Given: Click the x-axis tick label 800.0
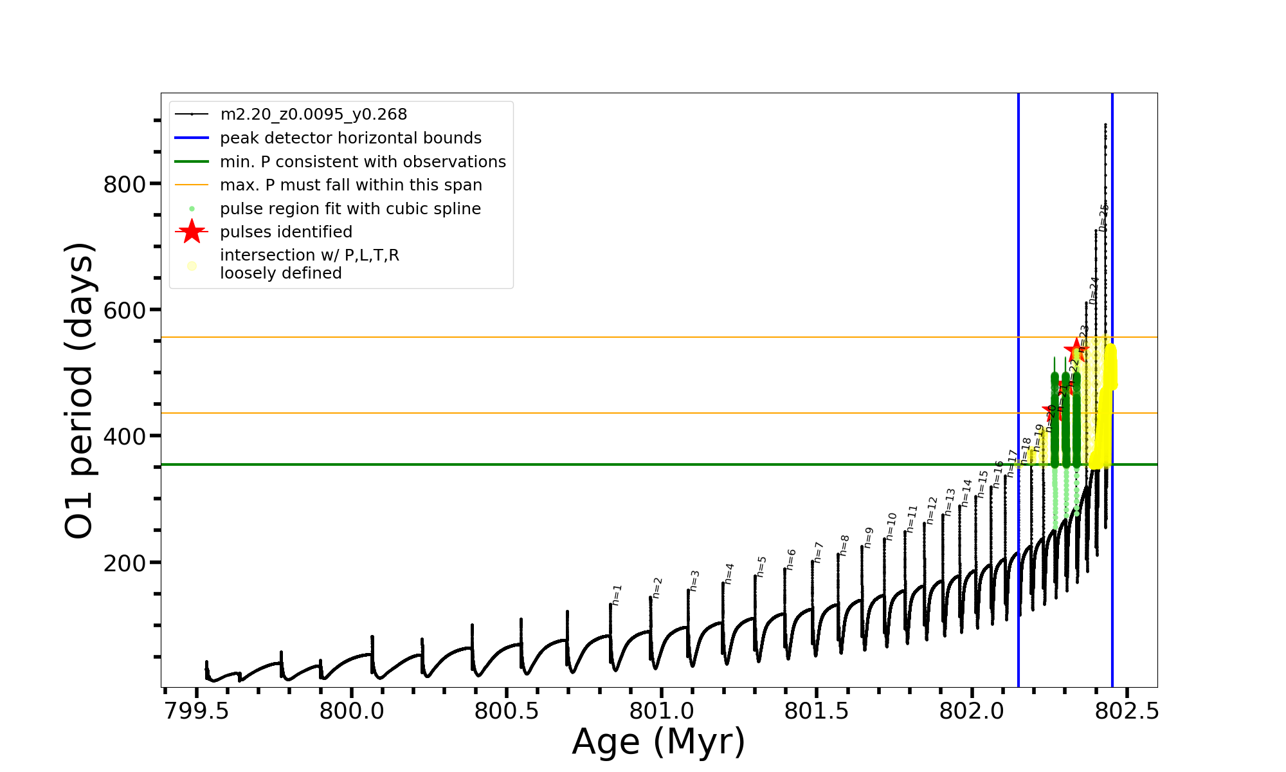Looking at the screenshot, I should click(352, 712).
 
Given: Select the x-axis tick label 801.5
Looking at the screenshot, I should click(817, 712).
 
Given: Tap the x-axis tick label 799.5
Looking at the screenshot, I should click(196, 712).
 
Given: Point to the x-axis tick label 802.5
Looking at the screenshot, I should click(1127, 712).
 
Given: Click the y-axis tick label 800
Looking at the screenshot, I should click(125, 185).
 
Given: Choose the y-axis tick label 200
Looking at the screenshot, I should click(125, 563).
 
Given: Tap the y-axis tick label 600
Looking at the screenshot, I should click(125, 311).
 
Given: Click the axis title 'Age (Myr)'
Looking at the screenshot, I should click(658, 742).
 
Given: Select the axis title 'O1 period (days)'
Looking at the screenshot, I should click(80, 391).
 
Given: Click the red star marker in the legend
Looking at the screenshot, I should click(192, 232).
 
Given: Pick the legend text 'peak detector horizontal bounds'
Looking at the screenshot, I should click(350, 138).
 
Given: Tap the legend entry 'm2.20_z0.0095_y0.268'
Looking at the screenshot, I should click(314, 115).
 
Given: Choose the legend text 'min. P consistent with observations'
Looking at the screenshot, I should click(363, 162).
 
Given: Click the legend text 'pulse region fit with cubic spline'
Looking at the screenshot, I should click(350, 209).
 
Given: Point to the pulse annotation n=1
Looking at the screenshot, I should click(617, 595).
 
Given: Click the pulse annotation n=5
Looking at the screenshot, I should click(761, 567).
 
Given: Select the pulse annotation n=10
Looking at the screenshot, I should click(891, 526).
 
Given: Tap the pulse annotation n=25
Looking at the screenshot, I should click(1103, 217).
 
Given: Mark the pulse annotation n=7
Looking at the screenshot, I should click(818, 552).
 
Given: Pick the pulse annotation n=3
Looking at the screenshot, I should click(694, 580).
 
